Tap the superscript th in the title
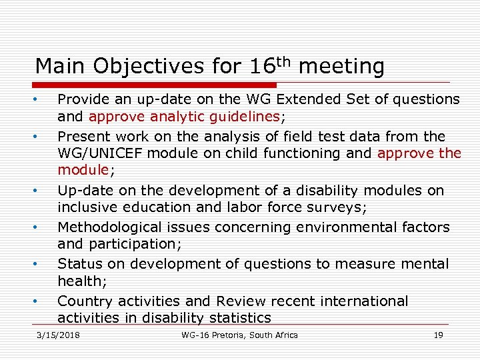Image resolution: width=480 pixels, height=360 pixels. pos(283,61)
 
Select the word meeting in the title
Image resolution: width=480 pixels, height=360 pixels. pos(342,67)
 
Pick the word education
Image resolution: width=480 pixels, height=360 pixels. pos(153,207)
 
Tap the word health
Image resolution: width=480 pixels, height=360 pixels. pos(77,281)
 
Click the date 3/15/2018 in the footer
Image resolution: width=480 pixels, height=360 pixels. pos(59,335)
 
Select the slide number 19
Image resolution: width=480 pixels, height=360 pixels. pos(438,335)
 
